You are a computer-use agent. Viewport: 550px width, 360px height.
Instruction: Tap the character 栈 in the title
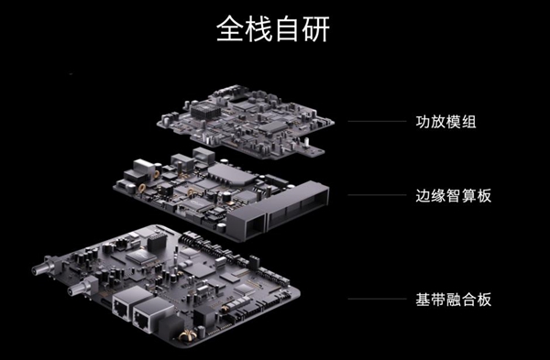(261, 29)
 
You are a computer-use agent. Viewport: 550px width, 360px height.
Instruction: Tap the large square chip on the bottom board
(141, 258)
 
